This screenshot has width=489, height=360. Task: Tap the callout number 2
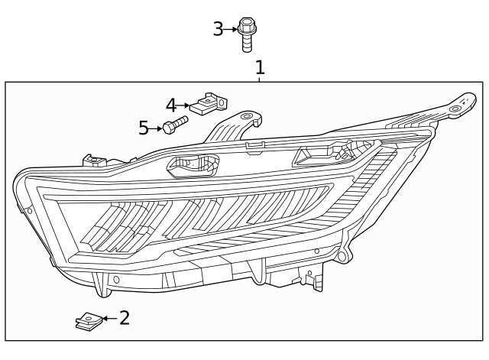point(124,317)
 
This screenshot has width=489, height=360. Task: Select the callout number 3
point(218,30)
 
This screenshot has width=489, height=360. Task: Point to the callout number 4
point(171,105)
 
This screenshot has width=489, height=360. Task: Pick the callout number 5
point(144,128)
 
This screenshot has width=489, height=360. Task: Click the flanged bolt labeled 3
point(246,34)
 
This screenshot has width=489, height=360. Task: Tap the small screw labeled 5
point(175,125)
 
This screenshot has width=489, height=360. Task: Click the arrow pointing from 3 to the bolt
point(232,30)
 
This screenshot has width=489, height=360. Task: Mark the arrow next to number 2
point(108,318)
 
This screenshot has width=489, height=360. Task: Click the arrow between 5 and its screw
point(157,128)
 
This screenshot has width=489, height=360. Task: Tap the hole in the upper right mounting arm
point(455,109)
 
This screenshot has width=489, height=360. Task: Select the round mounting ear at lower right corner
point(346,253)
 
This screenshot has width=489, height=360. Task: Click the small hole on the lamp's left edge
point(28,209)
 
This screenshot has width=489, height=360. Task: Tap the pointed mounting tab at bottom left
point(101,288)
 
